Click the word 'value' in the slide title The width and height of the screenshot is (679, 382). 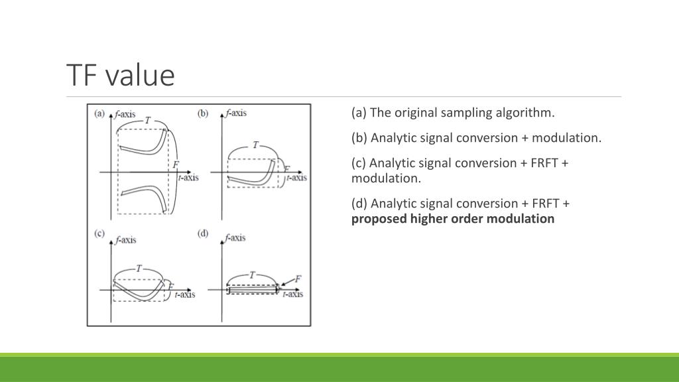pyautogui.click(x=139, y=75)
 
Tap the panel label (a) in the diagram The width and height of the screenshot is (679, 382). pyautogui.click(x=99, y=113)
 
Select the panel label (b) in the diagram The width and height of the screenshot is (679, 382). pyautogui.click(x=203, y=113)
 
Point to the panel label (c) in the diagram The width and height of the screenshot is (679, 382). pyautogui.click(x=99, y=233)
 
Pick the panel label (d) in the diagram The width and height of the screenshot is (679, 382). pyautogui.click(x=203, y=233)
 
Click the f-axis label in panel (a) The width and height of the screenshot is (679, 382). pyautogui.click(x=125, y=114)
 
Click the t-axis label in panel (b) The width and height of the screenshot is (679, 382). pyautogui.click(x=295, y=177)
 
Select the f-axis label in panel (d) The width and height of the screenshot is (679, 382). pyautogui.click(x=235, y=237)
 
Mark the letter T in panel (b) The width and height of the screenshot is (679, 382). pyautogui.click(x=255, y=145)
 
